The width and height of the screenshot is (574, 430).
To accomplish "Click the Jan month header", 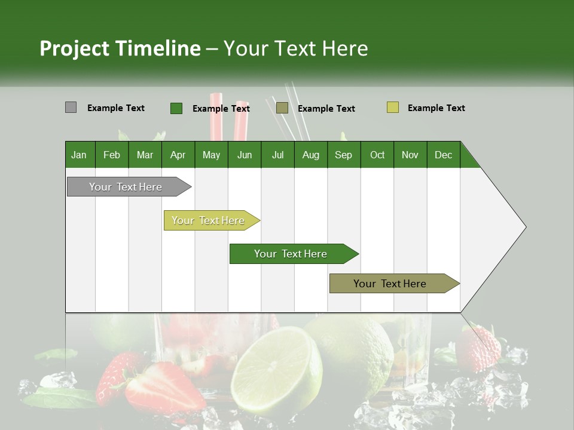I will click(79, 155).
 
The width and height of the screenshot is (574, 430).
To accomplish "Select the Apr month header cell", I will click(178, 155).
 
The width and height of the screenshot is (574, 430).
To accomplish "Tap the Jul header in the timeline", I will click(277, 155).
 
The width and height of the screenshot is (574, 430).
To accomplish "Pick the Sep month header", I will click(343, 155).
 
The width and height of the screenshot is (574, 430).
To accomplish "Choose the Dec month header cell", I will click(443, 155).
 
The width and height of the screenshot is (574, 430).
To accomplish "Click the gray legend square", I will click(71, 107).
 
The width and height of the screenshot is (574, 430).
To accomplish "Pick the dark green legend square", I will click(176, 108).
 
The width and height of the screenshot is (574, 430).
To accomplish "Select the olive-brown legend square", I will click(282, 107).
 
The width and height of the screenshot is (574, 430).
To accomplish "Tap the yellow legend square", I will click(392, 107).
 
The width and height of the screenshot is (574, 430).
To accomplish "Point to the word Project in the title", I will click(74, 48).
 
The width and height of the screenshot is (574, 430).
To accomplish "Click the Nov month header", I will click(410, 155).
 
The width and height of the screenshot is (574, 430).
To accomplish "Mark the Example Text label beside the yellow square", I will click(436, 108).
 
